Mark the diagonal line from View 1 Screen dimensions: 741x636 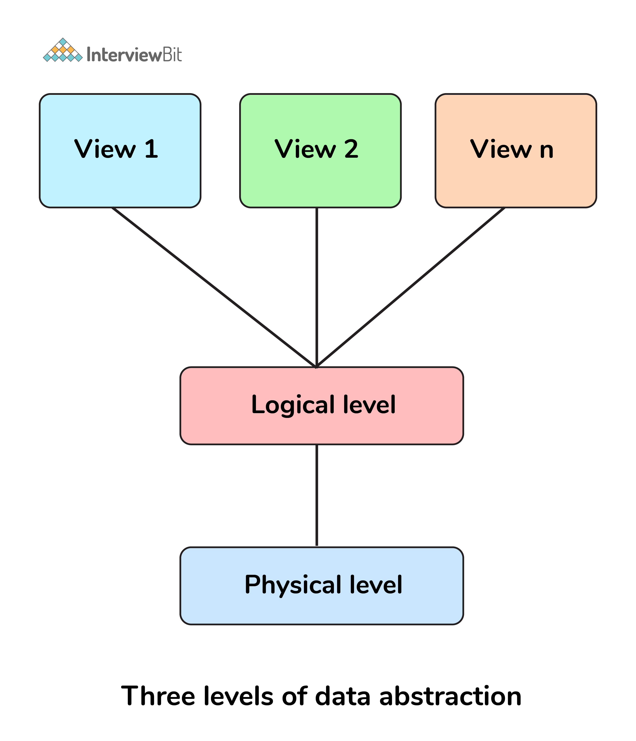[x=214, y=288]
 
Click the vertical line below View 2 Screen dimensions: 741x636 [x=317, y=286]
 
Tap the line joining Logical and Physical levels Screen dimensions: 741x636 [x=317, y=495]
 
